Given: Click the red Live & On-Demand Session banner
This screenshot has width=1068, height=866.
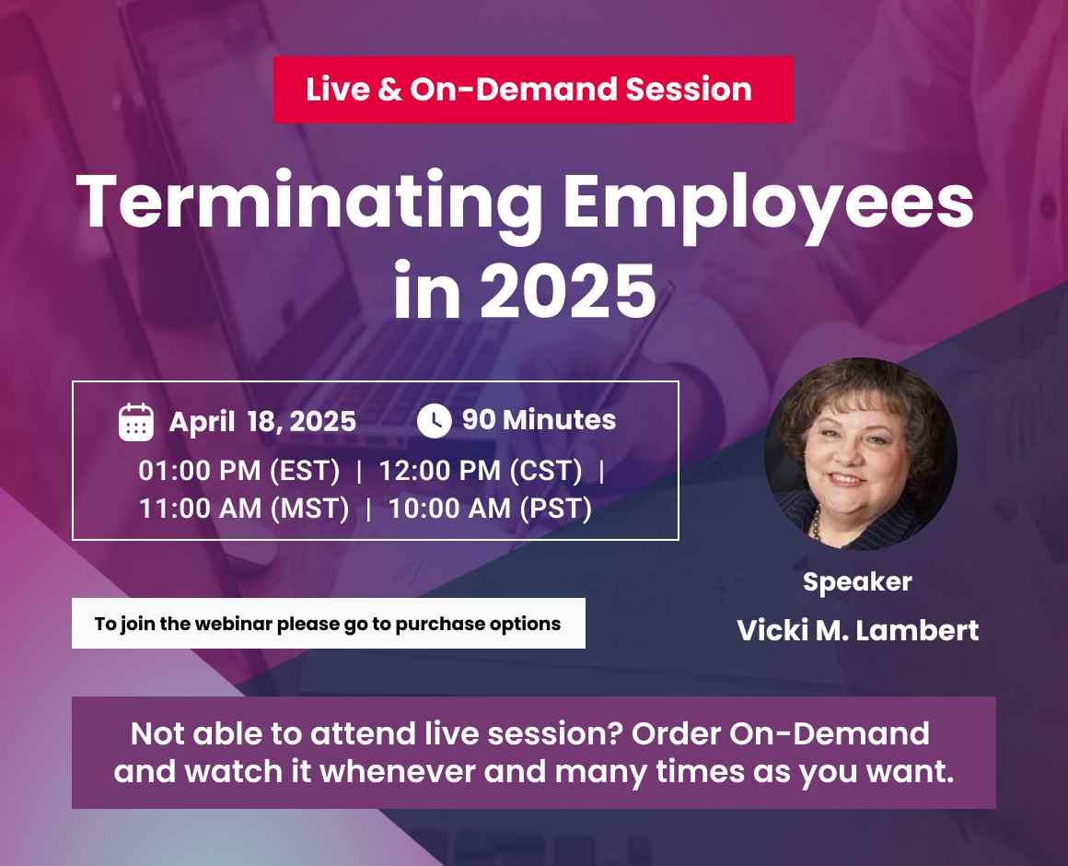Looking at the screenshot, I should (532, 89).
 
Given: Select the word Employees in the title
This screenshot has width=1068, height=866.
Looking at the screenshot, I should (769, 203).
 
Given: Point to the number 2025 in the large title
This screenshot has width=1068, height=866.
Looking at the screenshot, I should (569, 290).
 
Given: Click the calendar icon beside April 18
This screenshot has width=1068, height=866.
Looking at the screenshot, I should (136, 422).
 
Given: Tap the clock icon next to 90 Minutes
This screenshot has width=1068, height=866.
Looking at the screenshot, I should (434, 421).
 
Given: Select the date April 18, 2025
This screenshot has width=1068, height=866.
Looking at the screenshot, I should (262, 422).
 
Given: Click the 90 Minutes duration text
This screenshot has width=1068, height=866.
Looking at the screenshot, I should (539, 420).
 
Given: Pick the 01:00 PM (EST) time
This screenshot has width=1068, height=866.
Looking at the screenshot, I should (239, 471).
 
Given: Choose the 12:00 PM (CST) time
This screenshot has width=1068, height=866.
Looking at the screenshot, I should (481, 471).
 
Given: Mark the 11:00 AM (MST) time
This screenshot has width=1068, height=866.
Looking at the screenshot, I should (244, 509).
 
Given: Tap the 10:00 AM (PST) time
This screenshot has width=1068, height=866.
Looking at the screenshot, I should (490, 509).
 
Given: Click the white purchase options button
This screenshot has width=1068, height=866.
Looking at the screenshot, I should (328, 624).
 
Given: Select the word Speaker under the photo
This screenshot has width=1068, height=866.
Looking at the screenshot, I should (857, 582).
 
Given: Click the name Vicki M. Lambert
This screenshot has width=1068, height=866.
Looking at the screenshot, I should (857, 631).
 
